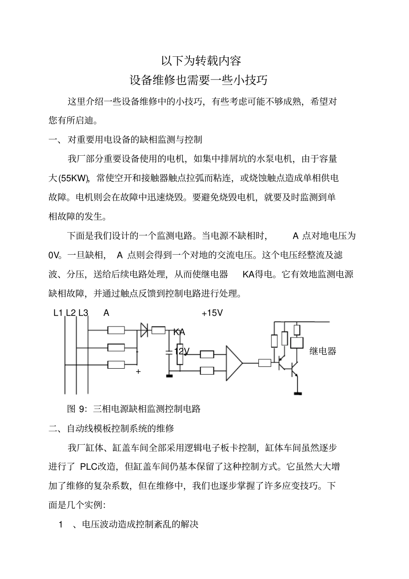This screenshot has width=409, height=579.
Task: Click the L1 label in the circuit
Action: pos(58,313)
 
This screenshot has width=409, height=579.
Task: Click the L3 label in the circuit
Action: pos(83,313)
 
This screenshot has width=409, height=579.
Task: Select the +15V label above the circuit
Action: pos(212,313)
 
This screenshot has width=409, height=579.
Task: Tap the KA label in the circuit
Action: pos(179,332)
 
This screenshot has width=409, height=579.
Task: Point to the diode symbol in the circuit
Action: pos(144,330)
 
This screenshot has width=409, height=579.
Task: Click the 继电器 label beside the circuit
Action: pos(322,351)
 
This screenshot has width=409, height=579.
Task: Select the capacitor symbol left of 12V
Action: pos(169,352)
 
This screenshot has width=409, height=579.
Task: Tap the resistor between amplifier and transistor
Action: pos(265,363)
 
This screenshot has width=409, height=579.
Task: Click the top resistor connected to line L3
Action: pos(116,330)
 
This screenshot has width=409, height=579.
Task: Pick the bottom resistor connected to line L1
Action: pos(116,365)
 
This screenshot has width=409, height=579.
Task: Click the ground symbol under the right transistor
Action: pos(297,392)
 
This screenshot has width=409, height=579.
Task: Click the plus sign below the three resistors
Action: pos(138,371)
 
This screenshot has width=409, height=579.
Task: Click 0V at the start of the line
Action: pos(53,255)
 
